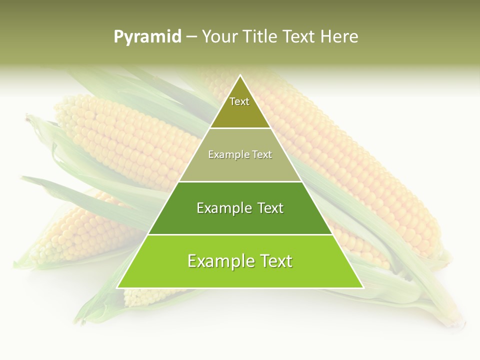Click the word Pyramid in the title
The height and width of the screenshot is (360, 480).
[x=147, y=37]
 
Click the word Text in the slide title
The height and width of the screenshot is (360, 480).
[x=300, y=37]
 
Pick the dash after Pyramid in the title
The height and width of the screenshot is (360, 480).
[x=191, y=37]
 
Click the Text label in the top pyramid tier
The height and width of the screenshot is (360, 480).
[x=239, y=101]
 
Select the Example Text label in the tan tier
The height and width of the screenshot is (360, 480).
[x=240, y=154]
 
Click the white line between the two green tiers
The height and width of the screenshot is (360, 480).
[x=240, y=234]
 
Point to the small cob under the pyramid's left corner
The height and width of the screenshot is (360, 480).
[x=145, y=297]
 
